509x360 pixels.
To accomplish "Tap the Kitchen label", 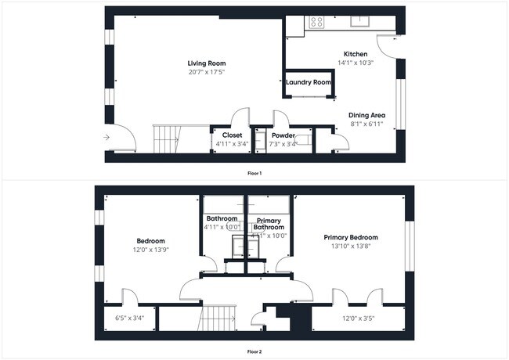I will pyautogui.click(x=356, y=54).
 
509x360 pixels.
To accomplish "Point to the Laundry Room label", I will pyautogui.click(x=308, y=82).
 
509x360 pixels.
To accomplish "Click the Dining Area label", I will pyautogui.click(x=366, y=115).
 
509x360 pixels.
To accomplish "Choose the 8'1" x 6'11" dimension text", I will pyautogui.click(x=366, y=124).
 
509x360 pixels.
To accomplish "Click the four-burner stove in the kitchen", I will pyautogui.click(x=317, y=22).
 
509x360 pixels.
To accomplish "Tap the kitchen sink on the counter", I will pyautogui.click(x=360, y=21).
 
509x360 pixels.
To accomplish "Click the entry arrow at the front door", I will pyautogui.click(x=106, y=137).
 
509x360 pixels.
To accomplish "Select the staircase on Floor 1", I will pyautogui.click(x=166, y=139).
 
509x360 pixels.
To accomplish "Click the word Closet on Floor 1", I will pyautogui.click(x=232, y=135).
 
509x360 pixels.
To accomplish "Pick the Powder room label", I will pyautogui.click(x=283, y=135).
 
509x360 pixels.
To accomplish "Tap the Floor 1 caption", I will pyautogui.click(x=254, y=172).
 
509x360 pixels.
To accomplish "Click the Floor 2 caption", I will pyautogui.click(x=254, y=351).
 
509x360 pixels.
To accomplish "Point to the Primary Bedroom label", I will pyautogui.click(x=352, y=237).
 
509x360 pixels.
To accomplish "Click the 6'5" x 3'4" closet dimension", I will pyautogui.click(x=128, y=318).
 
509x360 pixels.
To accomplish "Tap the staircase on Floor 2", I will pyautogui.click(x=218, y=318).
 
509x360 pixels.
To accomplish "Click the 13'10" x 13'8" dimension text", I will pyautogui.click(x=352, y=247).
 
